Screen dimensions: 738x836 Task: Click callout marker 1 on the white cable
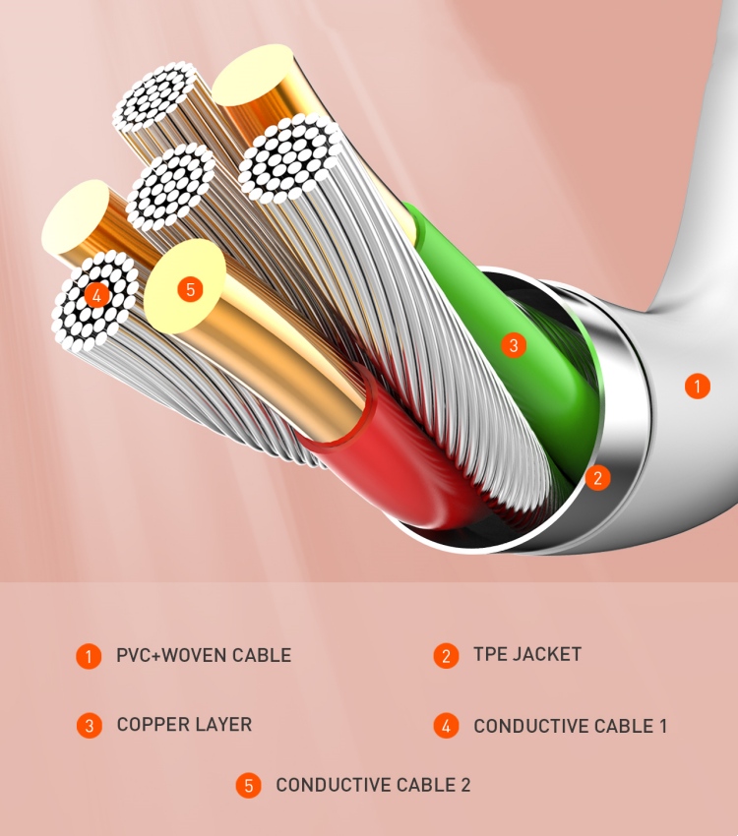point(697,386)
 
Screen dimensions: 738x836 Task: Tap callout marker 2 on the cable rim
point(597,477)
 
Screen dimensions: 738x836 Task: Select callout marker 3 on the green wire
point(514,345)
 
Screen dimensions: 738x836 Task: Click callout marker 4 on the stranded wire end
point(96,294)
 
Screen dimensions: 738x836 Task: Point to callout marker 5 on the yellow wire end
point(190,289)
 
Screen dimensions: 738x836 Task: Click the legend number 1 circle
point(89,656)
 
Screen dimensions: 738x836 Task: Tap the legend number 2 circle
point(446,656)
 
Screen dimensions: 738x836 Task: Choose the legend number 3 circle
point(89,725)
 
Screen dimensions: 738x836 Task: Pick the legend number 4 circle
point(446,726)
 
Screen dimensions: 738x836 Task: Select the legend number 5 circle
point(249,786)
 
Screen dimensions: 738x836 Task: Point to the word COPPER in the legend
point(153,725)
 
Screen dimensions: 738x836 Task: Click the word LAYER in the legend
point(223,725)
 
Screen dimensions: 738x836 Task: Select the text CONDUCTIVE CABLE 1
point(570,726)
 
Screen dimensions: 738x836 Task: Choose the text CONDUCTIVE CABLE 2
point(373,785)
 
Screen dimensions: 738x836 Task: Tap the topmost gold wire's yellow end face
point(252,75)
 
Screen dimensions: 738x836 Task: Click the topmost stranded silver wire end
point(154,96)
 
